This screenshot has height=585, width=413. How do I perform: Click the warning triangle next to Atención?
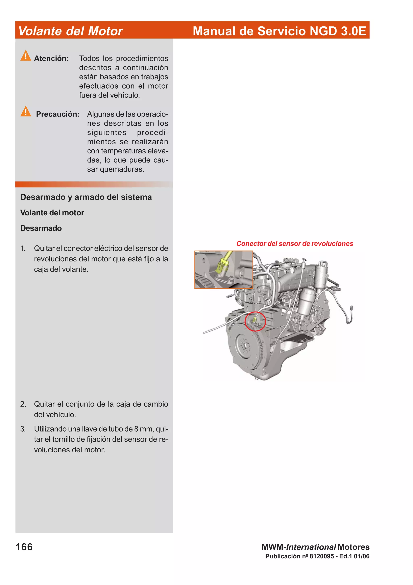click(26, 56)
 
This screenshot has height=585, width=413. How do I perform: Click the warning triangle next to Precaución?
click(26, 111)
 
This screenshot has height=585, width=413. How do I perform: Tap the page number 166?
click(24, 547)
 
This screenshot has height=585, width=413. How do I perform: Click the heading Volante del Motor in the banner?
click(71, 31)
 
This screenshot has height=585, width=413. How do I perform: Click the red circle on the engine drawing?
click(255, 321)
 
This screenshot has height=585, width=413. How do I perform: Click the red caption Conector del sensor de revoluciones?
click(294, 244)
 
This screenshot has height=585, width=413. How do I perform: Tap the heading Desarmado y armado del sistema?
click(86, 197)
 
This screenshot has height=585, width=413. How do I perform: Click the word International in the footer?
click(311, 547)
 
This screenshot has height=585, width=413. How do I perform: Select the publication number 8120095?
click(322, 556)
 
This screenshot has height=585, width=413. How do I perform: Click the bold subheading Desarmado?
click(41, 228)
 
